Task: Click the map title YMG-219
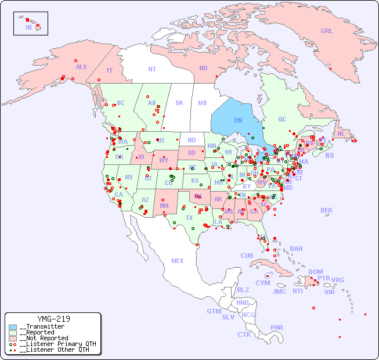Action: point(53,319)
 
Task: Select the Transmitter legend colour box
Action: point(13,327)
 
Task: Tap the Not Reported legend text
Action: point(44,338)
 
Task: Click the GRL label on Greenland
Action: point(327,31)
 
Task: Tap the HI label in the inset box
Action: point(28,27)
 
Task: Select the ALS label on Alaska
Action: point(81,67)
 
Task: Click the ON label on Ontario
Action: point(238,120)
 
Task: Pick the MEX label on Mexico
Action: point(178,261)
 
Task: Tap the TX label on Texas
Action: point(189,218)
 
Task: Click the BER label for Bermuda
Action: point(327,210)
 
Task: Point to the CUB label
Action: point(247,255)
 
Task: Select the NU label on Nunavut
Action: point(203,68)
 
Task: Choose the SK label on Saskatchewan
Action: point(179,103)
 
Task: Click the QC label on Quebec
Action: point(282,119)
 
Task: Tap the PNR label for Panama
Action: point(277,327)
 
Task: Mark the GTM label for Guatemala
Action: point(214,311)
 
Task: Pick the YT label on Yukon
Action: point(109,70)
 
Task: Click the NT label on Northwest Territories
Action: point(151,69)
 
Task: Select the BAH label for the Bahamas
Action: point(296,249)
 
